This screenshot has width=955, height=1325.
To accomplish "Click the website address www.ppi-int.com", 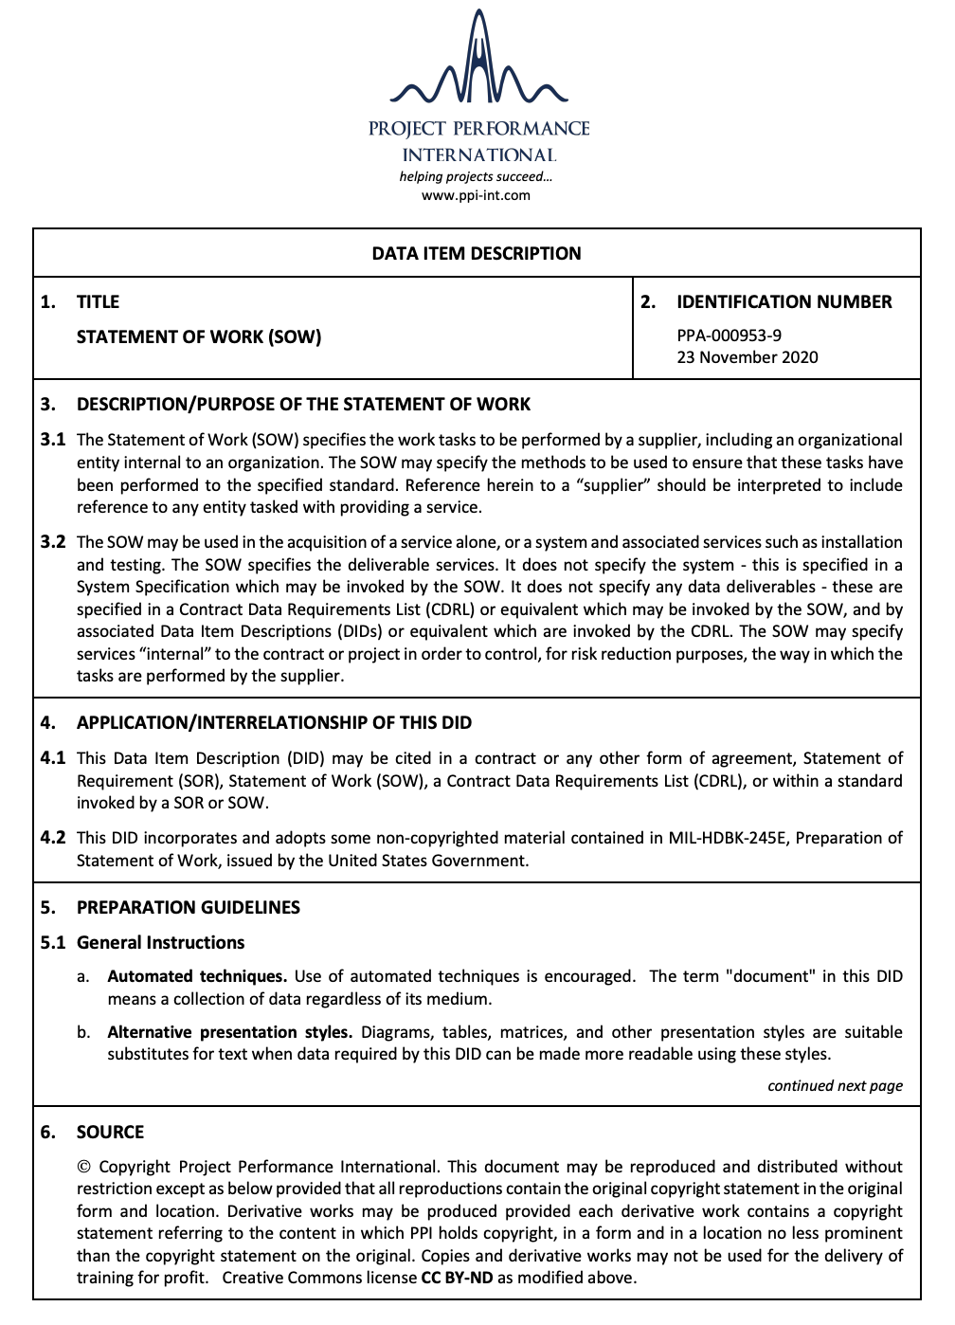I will point(476,195).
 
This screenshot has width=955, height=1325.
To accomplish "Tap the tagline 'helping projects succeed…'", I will point(476,176).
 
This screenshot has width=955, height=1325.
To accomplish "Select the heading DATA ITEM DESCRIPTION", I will point(477,253).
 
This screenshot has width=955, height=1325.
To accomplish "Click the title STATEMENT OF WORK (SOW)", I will point(199,336).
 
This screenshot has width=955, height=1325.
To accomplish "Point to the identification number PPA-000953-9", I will point(729,335).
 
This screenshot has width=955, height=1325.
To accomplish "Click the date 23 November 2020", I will point(747,357).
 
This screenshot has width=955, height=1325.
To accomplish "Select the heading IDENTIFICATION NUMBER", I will point(784,301).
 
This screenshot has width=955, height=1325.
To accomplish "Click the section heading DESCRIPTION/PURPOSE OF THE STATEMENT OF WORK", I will point(303,404).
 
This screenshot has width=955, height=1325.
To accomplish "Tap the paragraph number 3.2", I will point(53,542).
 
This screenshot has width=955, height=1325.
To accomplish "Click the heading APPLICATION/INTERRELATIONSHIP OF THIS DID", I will point(274,722).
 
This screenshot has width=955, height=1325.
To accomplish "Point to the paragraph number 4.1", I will point(53,758).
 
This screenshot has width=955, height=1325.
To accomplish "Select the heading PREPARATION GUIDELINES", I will point(188,907).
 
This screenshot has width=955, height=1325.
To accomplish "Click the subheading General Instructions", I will point(160,942).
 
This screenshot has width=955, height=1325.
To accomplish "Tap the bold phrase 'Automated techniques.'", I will point(196,976).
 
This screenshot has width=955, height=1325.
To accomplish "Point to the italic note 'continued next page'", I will point(835,1085).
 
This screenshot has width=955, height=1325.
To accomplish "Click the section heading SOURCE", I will point(110,1132).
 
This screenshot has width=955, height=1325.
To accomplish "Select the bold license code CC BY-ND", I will point(457,1278).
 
